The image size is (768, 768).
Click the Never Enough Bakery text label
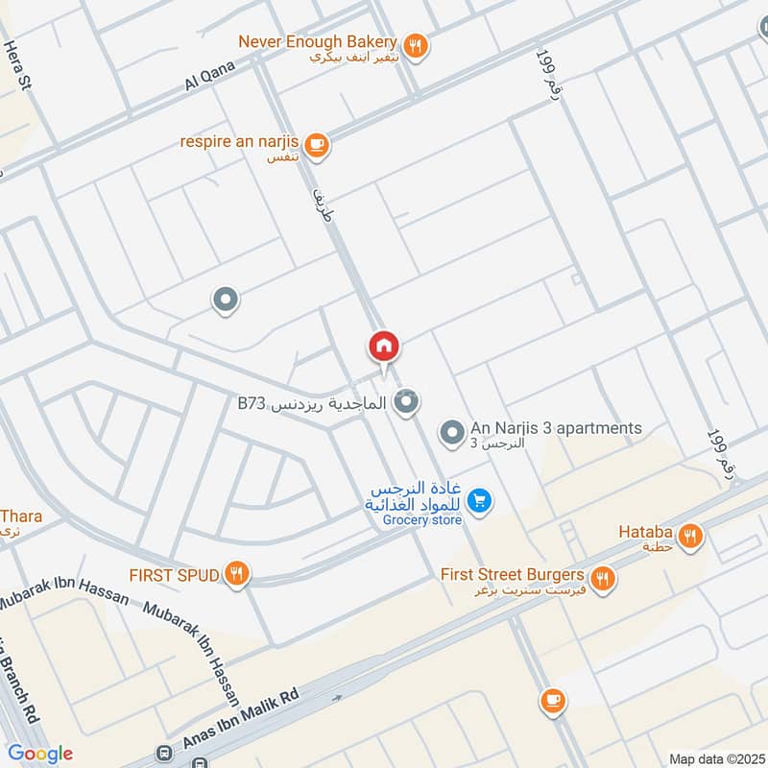[x=318, y=41]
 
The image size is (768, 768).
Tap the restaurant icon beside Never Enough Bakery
[x=416, y=43]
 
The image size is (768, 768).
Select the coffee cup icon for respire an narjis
[x=318, y=145]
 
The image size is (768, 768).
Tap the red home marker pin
[x=384, y=347]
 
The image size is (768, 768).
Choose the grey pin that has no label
[x=226, y=301]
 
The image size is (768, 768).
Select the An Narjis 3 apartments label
[x=555, y=428]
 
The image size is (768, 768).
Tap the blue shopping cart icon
[x=482, y=500]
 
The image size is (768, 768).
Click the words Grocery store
[x=422, y=520]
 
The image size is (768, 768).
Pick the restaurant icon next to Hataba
[x=689, y=538]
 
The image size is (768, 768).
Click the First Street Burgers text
[x=512, y=575]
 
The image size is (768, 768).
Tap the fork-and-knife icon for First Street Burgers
[x=603, y=577]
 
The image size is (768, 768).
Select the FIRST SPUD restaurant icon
[x=236, y=575]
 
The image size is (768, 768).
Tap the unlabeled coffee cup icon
[x=552, y=700]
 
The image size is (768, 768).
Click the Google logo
[x=40, y=754]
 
